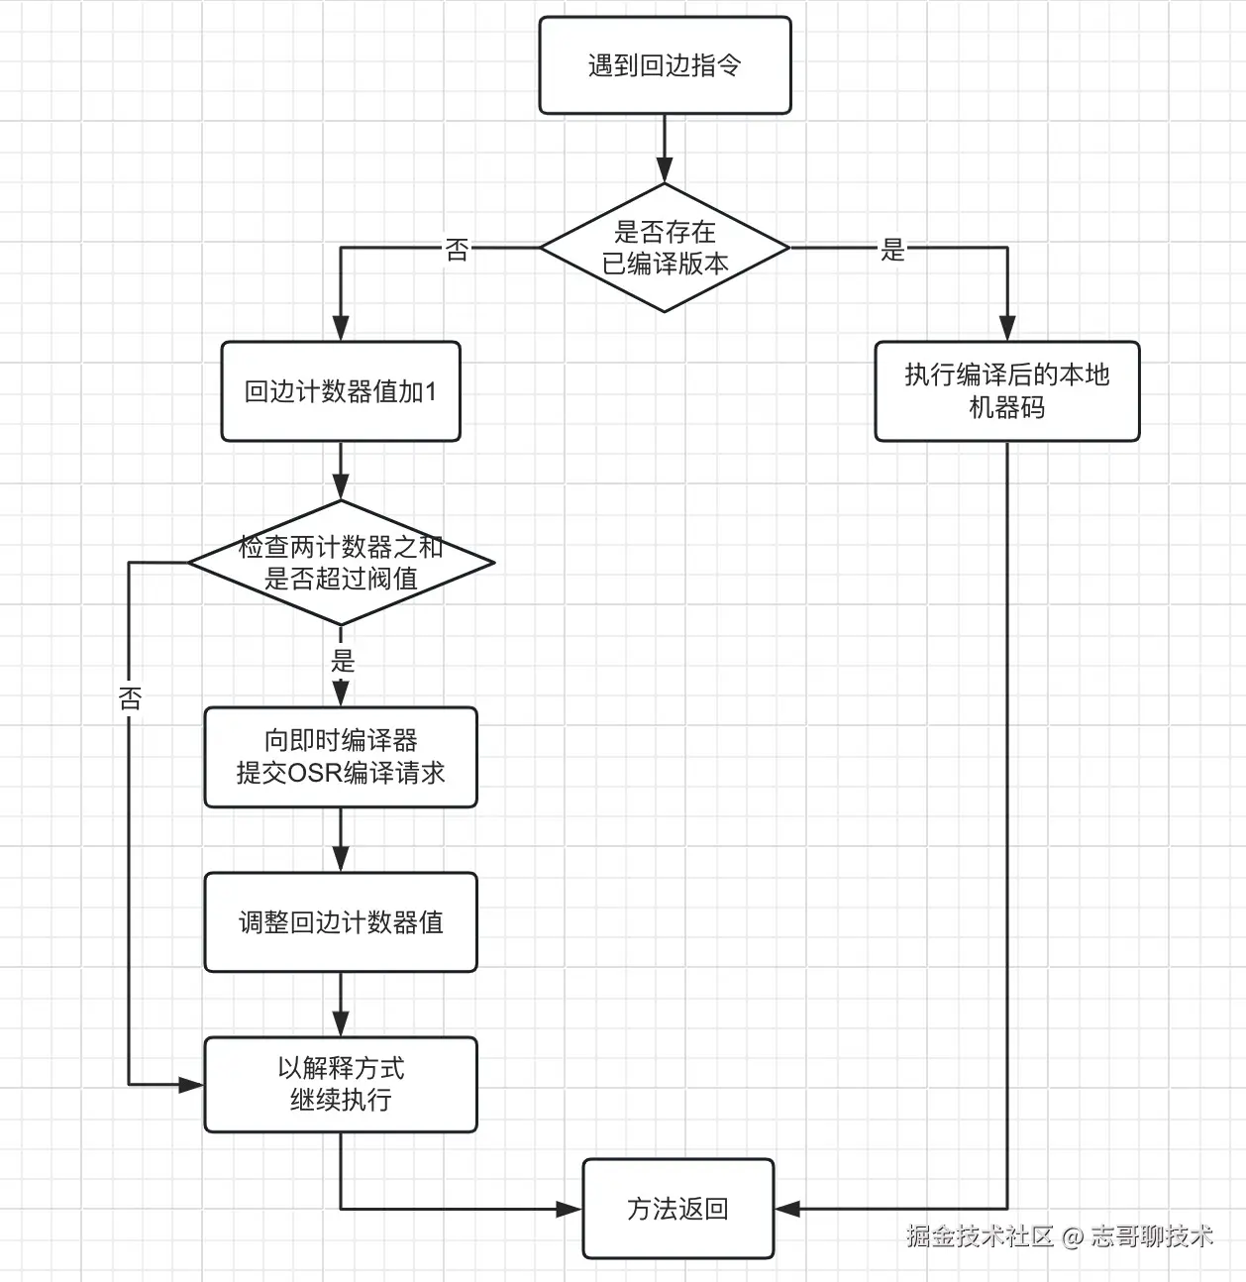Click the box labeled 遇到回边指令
coord(665,65)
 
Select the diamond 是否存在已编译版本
coord(665,248)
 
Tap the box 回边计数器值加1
coord(341,391)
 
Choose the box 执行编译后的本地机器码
coord(1006,391)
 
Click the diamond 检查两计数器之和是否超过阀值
coord(341,563)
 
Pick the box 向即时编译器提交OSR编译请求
coord(341,757)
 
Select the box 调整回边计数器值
coord(341,922)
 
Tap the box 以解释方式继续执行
coord(341,1084)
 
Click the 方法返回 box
coord(677,1209)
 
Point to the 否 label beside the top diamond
coord(457,250)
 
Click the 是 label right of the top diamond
coord(892,250)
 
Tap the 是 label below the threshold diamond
coord(343,661)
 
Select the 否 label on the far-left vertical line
coord(130,698)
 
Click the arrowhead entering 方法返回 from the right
coord(787,1209)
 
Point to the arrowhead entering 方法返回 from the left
coord(570,1209)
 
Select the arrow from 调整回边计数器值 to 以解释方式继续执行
coord(341,1005)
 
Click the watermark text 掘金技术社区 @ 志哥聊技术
coord(1059,1235)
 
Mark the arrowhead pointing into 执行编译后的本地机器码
coord(1007,329)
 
